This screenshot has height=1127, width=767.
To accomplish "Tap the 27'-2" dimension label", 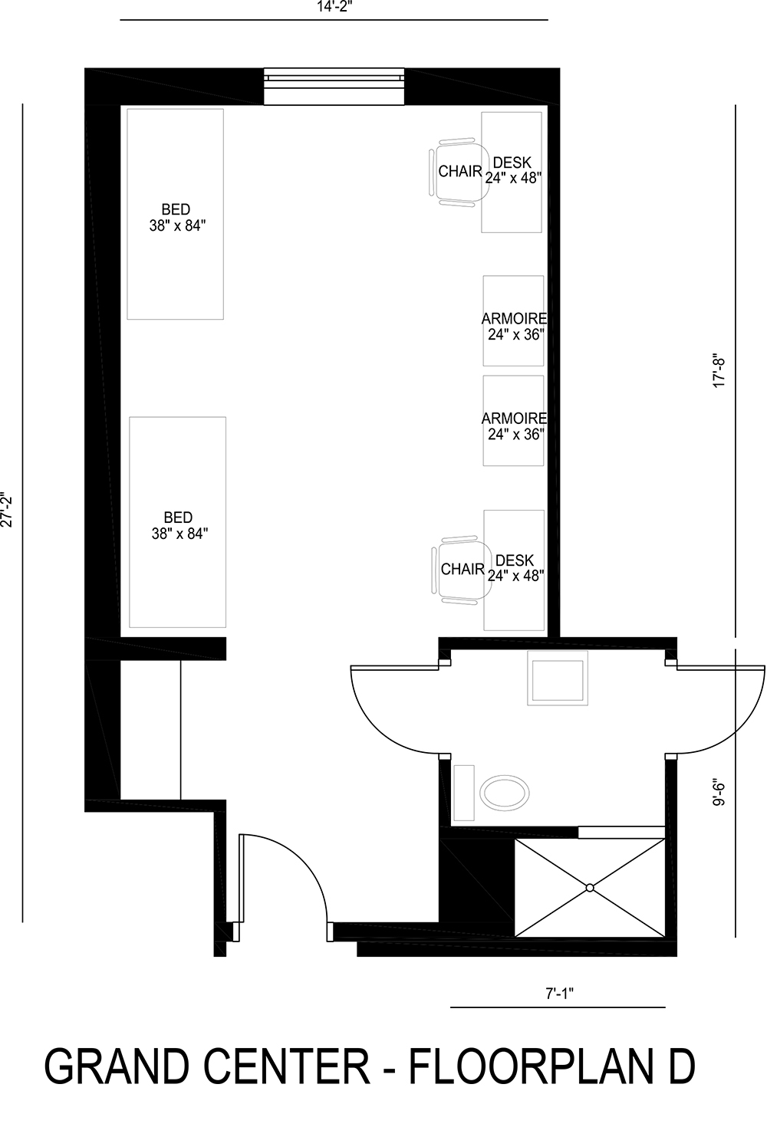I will [x=8, y=509].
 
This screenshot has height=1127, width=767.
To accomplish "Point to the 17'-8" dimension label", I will [x=719, y=370].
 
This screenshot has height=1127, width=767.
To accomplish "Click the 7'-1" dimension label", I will [x=560, y=994].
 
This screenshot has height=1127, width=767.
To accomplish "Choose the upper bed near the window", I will [x=175, y=214].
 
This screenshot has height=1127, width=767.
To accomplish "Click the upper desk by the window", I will [x=512, y=172].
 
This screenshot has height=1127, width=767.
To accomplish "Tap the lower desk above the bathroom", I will [x=515, y=568].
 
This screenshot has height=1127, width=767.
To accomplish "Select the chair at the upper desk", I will [x=458, y=172].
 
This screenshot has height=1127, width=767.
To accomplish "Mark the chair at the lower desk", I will [x=460, y=569].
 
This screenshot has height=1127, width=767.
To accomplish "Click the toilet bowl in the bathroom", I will [x=504, y=792].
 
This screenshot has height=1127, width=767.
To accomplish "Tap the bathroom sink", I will [x=558, y=678].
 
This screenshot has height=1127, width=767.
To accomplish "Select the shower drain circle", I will [x=590, y=888].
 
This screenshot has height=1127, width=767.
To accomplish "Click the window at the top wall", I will [x=334, y=86].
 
